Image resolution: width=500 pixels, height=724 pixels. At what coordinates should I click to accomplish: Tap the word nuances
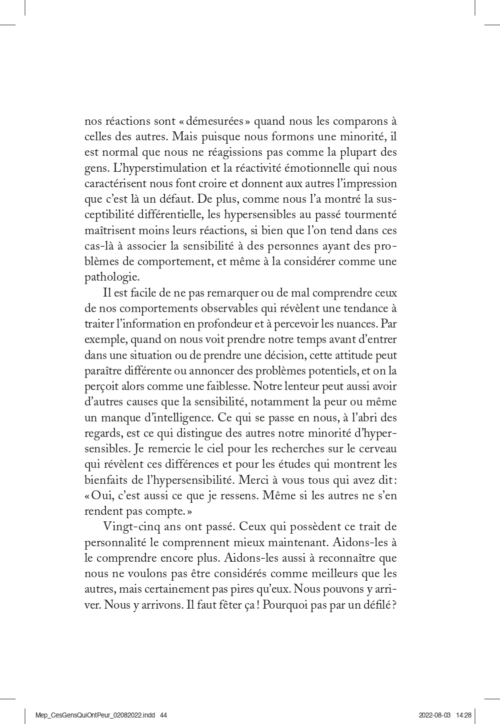(355, 324)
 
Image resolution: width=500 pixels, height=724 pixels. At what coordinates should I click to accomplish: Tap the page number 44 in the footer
(163, 715)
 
